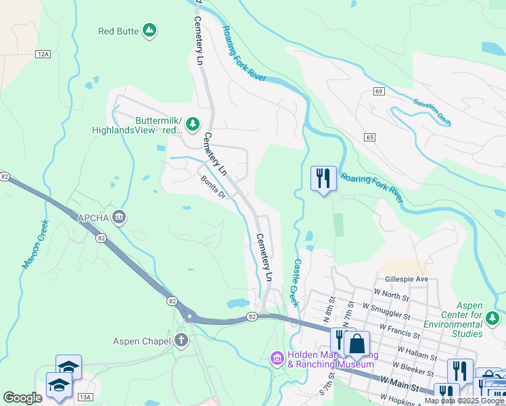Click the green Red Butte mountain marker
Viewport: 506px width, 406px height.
coord(149,30)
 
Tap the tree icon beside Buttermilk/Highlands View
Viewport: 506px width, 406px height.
coord(193,123)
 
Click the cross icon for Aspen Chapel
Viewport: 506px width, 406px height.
coord(181,340)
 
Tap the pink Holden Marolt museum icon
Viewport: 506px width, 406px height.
coord(277,358)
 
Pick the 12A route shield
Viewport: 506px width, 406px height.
coord(44,53)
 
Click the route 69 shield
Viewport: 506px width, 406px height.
coord(378,91)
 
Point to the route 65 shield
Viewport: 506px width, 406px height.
coord(369,137)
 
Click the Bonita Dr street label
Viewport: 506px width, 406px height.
coord(212,185)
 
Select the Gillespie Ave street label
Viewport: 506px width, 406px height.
coord(407,279)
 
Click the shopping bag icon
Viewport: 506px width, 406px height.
coord(356,343)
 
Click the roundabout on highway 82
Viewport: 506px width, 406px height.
coord(189,315)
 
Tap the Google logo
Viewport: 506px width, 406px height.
coord(23,398)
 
